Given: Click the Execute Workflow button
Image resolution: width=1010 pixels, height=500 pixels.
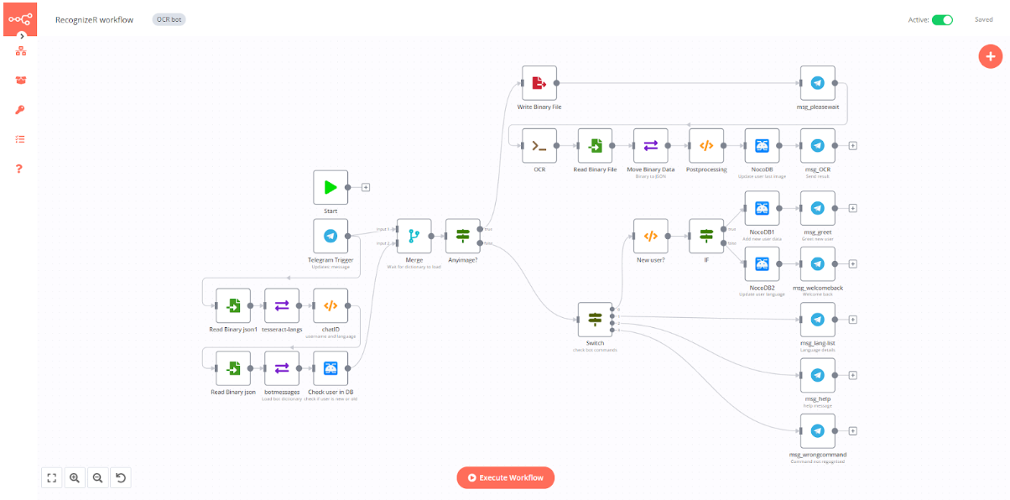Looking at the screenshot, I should pos(505,477).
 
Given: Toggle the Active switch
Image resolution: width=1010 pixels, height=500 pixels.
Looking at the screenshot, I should pos(942,20).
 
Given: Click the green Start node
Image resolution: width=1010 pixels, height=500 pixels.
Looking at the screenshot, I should pos(331,188).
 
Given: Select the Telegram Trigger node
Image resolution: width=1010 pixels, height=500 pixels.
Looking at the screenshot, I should pos(331,237).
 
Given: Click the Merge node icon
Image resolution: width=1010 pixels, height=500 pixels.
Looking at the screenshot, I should pos(414,237).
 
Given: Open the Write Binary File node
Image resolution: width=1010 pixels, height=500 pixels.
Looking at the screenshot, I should pos(539,83).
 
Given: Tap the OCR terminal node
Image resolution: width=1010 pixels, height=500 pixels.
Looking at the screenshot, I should pos(539,145).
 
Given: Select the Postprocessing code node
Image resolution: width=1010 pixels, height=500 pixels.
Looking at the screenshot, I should pos(706,145).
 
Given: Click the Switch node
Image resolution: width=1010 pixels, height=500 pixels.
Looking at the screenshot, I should pos(595,320).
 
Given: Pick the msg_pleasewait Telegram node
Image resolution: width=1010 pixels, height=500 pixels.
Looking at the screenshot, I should pos(817,83).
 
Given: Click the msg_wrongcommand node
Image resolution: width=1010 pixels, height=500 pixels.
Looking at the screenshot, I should pos(817,431).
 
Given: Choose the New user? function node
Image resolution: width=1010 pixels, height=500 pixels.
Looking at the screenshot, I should pos(650,237).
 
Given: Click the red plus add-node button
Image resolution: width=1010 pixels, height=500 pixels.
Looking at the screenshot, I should pos(990,56).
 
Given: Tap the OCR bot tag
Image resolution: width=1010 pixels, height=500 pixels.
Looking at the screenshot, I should pos(169,19).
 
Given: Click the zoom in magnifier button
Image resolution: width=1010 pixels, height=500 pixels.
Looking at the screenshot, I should pos(75,477).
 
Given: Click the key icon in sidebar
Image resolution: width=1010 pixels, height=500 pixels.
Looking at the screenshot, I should pos(20,110).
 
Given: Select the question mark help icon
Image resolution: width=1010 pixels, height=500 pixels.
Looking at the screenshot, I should pos(20,169).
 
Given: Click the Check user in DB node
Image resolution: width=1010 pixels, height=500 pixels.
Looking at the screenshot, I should pos(331,368).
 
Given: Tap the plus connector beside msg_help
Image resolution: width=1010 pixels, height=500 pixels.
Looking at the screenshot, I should pos(852,375).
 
